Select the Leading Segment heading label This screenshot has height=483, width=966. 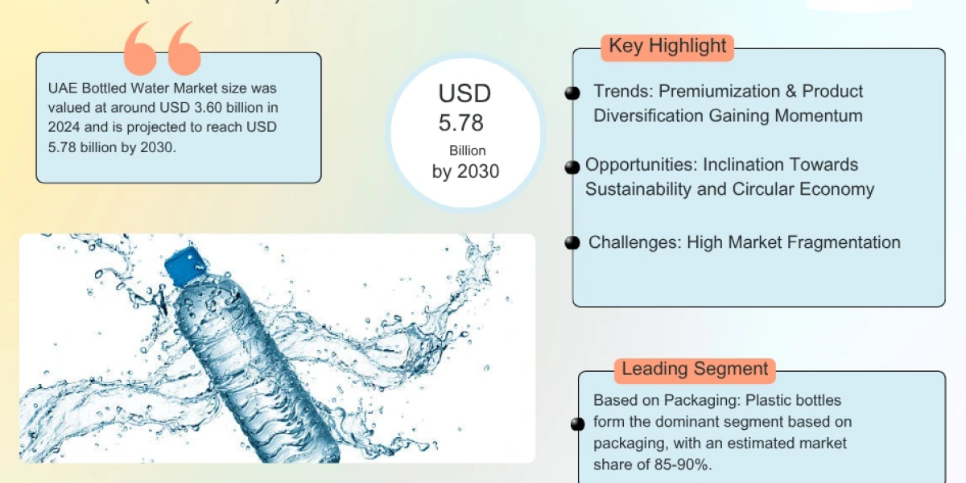(696, 369)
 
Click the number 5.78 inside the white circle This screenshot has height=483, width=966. (461, 123)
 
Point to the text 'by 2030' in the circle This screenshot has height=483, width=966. (465, 171)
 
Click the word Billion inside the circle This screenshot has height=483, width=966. (468, 151)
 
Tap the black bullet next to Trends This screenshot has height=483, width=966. (572, 93)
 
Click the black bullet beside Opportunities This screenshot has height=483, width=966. (572, 167)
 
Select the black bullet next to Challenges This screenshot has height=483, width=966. (572, 242)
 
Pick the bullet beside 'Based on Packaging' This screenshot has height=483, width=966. (578, 424)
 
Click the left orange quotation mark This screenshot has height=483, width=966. (140, 50)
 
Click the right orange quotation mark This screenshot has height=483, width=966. (183, 50)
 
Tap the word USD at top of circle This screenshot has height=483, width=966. (464, 94)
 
